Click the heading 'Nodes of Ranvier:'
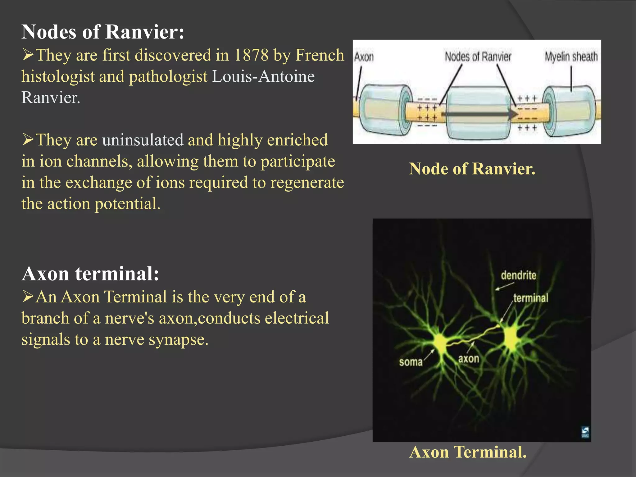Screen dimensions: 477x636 103,32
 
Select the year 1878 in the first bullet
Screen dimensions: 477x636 251,55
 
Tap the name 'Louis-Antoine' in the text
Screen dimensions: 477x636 263,76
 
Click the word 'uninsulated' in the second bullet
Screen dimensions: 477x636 143,140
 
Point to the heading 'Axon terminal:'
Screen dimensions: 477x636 90,274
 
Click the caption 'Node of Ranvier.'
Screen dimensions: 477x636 472,169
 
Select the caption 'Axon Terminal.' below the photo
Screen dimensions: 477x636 468,452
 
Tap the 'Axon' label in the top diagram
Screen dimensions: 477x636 364,57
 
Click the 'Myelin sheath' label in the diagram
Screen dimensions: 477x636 571,57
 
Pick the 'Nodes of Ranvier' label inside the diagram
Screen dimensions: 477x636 478,57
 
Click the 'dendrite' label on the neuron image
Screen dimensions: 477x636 518,275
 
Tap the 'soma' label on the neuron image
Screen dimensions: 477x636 411,362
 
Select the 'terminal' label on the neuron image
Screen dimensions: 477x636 531,298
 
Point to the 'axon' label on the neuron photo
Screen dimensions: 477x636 469,359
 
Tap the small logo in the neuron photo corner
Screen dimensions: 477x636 585,432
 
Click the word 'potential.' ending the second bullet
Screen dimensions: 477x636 127,204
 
